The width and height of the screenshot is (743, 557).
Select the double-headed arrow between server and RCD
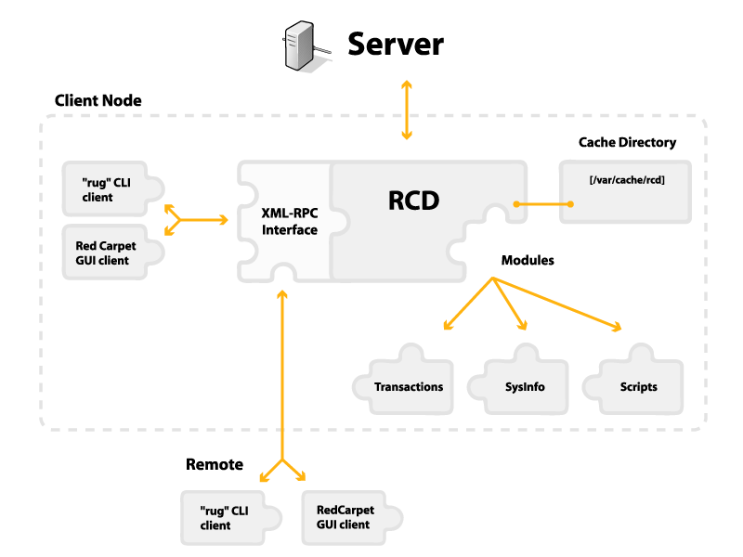click(x=406, y=110)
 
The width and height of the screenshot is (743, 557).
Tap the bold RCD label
click(x=413, y=201)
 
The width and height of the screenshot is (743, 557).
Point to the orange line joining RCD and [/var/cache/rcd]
click(x=539, y=203)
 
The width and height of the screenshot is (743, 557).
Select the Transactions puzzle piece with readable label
click(x=409, y=386)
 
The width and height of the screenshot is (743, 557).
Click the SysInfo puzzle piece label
click(x=525, y=387)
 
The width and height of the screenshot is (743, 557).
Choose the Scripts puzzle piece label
click(x=638, y=387)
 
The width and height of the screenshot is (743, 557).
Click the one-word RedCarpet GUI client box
click(x=344, y=517)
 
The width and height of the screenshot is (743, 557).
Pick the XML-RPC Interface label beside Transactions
click(x=289, y=411)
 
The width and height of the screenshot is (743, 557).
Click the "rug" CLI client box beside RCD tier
click(x=107, y=189)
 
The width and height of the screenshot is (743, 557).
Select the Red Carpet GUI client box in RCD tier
click(x=107, y=253)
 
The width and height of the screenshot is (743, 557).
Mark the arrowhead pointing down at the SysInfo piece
click(x=523, y=326)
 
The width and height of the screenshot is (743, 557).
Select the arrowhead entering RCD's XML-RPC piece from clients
click(x=223, y=220)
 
